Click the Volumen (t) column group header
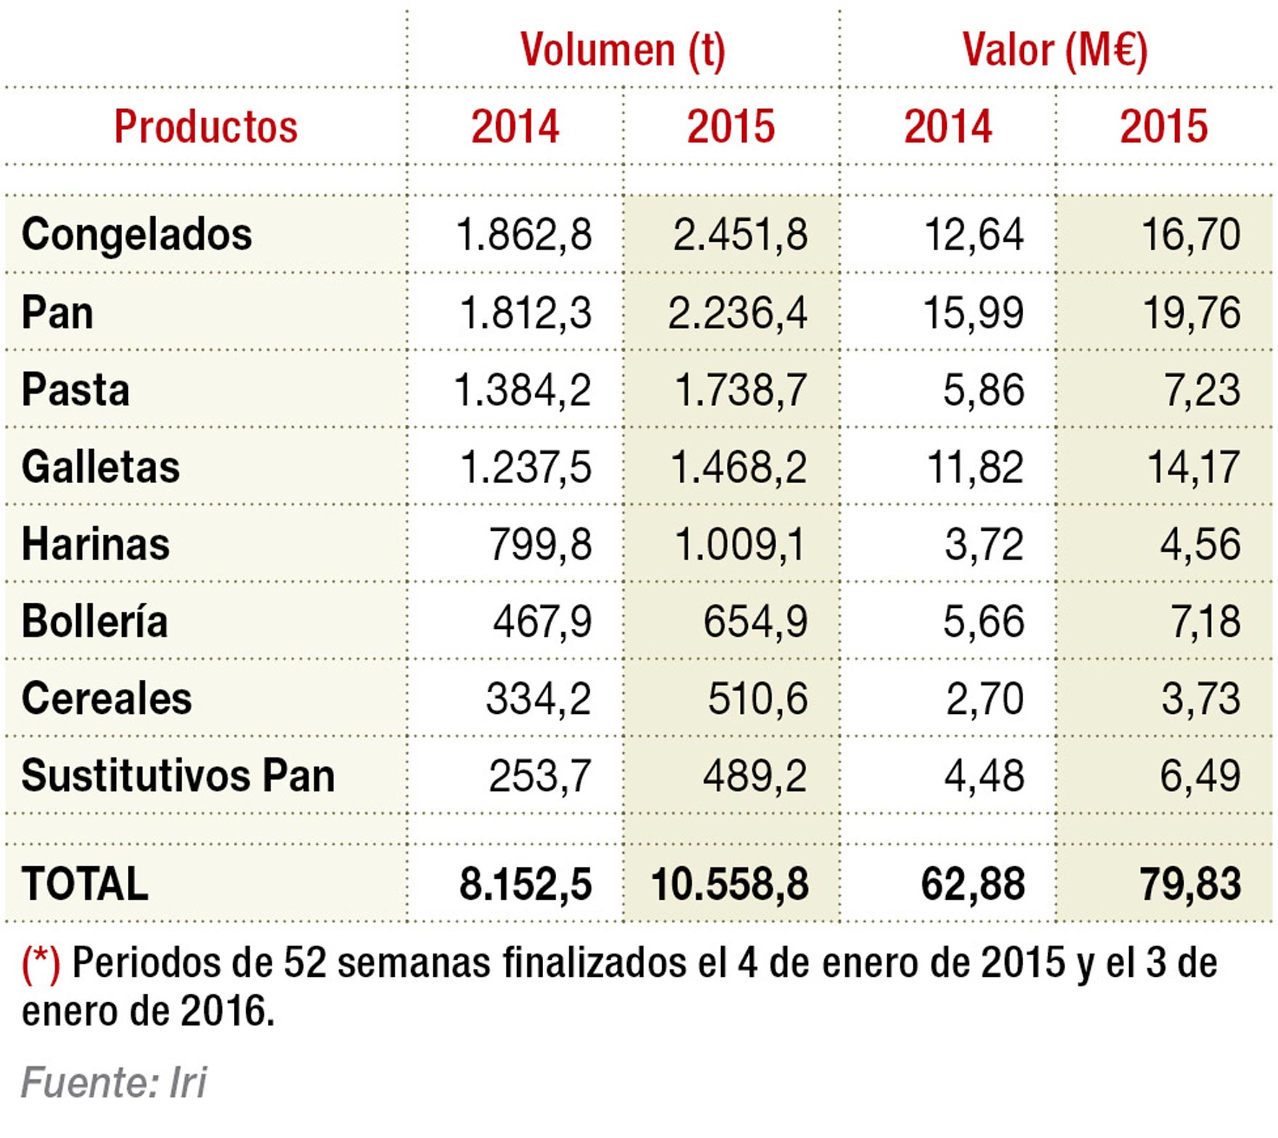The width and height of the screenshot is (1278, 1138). pyautogui.click(x=622, y=50)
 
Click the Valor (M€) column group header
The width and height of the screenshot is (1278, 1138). pyautogui.click(x=1054, y=50)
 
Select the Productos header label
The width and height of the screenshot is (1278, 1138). pyautogui.click(x=205, y=126)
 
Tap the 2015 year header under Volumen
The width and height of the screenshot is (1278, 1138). pyautogui.click(x=730, y=126)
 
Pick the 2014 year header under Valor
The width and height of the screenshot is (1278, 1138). pyautogui.click(x=947, y=126)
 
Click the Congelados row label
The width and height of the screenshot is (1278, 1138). pyautogui.click(x=137, y=235)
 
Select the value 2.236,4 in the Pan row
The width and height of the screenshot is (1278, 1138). pyautogui.click(x=737, y=313)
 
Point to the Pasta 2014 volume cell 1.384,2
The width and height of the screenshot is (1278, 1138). pyautogui.click(x=522, y=390)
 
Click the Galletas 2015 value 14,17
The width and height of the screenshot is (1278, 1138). pyautogui.click(x=1193, y=467)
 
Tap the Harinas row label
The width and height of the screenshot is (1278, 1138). pyautogui.click(x=95, y=544)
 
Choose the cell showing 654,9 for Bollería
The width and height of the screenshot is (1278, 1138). pyautogui.click(x=754, y=622)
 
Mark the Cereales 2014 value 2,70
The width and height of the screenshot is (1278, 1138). pyautogui.click(x=984, y=699)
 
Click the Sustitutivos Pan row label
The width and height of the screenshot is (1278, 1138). pyautogui.click(x=178, y=776)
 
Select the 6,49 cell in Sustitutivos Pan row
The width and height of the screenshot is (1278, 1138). pyautogui.click(x=1199, y=776)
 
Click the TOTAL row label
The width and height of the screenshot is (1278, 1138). pyautogui.click(x=85, y=884)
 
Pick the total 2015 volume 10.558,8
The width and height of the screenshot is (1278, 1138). pyautogui.click(x=729, y=885)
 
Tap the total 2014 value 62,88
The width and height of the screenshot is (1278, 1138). pyautogui.click(x=972, y=885)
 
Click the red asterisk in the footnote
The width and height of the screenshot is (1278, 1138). pyautogui.click(x=41, y=964)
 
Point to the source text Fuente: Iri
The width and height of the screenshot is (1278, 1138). pyautogui.click(x=113, y=1083)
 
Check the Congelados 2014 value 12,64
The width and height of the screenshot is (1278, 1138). pyautogui.click(x=973, y=235)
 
